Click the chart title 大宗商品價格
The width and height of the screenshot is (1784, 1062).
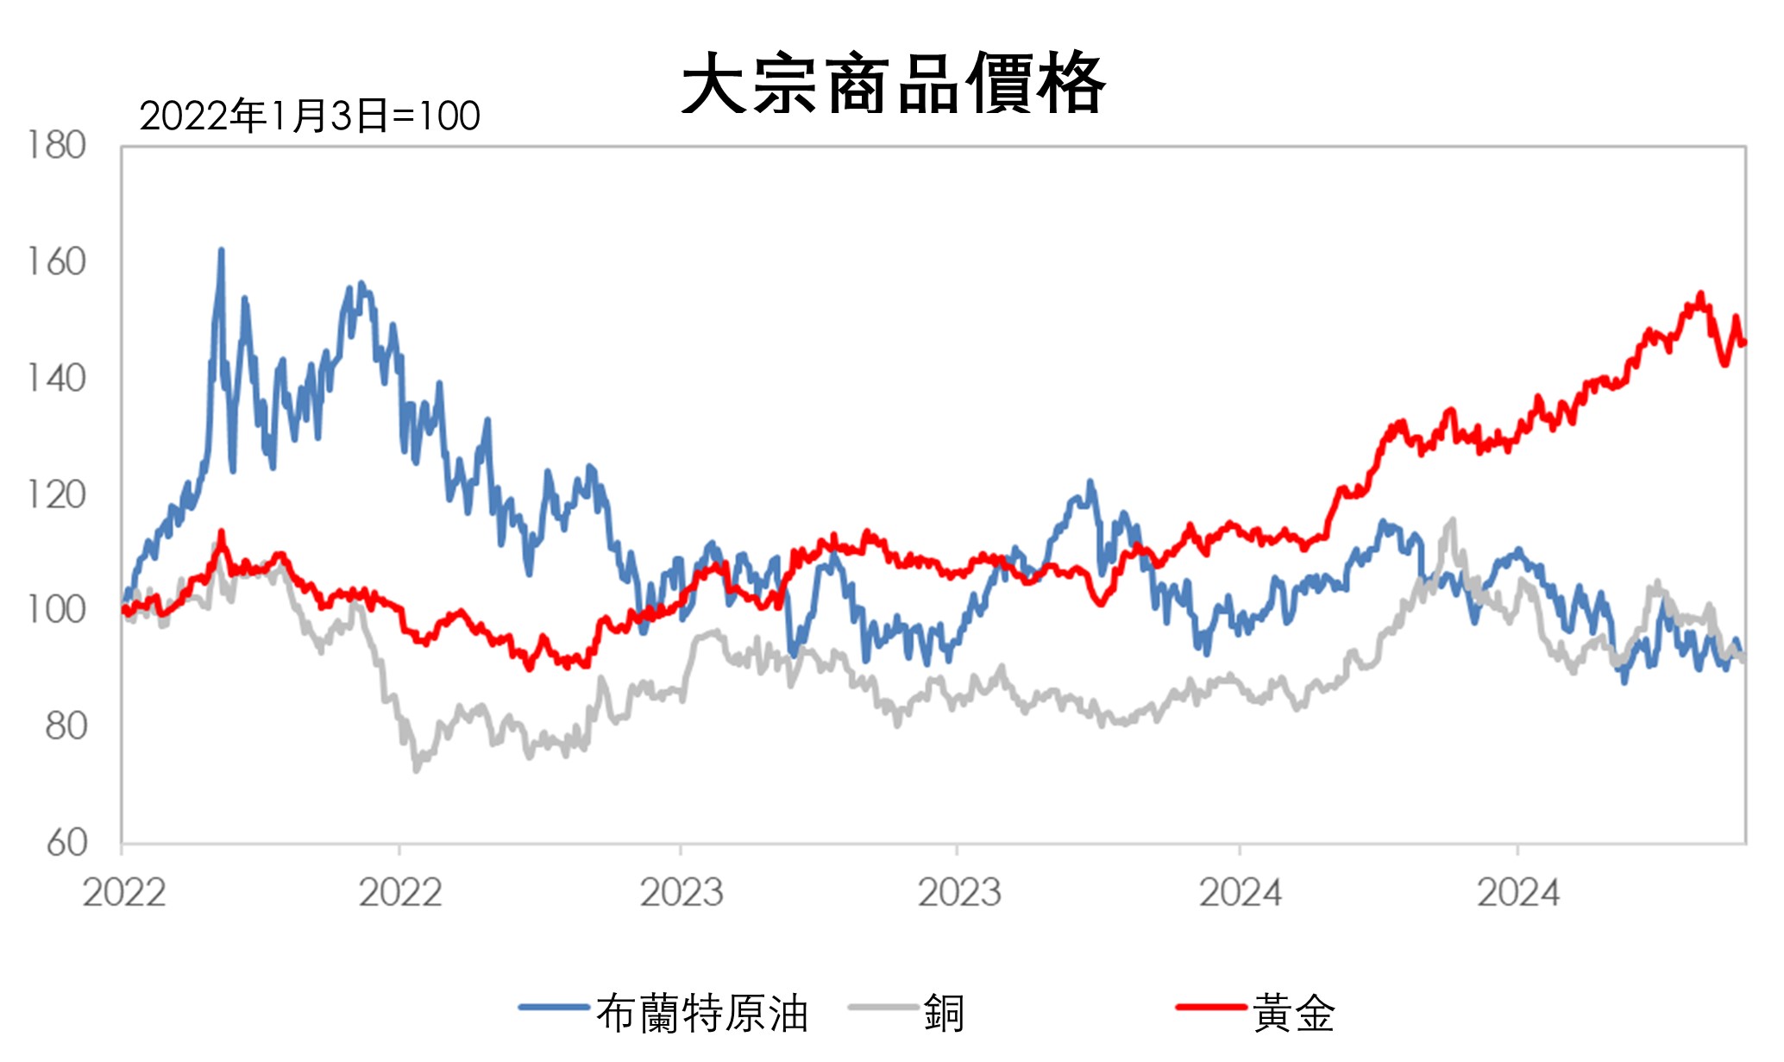893,84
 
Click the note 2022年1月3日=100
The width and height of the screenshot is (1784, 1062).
310,116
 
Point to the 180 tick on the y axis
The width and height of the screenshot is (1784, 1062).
57,146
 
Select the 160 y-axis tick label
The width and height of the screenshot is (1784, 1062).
57,262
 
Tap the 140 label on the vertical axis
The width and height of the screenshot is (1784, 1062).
57,379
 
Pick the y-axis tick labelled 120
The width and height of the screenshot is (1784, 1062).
57,495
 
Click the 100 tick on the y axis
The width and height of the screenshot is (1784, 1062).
57,610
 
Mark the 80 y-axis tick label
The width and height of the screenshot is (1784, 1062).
66,726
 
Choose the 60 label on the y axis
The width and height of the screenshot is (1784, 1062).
66,843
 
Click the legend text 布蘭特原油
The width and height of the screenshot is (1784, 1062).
702,1013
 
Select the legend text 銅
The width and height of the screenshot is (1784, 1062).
944,1013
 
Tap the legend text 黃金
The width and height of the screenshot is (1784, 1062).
1294,1013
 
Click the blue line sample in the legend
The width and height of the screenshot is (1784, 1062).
554,1007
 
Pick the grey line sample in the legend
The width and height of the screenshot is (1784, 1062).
883,1007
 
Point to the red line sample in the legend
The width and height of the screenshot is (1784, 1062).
1211,1007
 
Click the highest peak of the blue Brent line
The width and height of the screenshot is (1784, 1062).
222,250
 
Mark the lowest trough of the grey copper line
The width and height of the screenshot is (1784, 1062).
417,770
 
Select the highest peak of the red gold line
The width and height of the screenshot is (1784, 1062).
1701,294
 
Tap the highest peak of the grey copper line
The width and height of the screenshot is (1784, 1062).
1453,519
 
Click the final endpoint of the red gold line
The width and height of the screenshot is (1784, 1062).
1744,343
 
